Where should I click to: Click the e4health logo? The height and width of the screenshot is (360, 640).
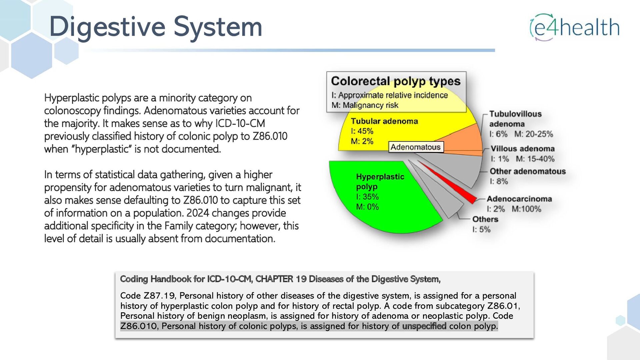point(575,27)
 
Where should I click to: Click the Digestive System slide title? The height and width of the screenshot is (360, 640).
point(156,27)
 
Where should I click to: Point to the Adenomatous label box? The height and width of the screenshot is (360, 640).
point(416,147)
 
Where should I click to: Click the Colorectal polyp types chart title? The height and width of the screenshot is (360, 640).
point(396,81)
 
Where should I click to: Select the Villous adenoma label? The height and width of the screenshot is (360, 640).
point(522,149)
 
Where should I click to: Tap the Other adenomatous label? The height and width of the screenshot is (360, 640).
point(527,171)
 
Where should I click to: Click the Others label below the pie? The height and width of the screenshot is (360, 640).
point(485,219)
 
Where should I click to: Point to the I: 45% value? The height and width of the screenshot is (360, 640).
point(362,131)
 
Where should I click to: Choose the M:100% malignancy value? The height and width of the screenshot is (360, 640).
point(526,209)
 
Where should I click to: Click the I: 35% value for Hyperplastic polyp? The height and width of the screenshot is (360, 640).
point(367,197)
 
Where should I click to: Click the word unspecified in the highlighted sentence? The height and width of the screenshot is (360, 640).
point(424,326)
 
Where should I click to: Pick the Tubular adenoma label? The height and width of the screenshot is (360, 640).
point(384,121)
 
